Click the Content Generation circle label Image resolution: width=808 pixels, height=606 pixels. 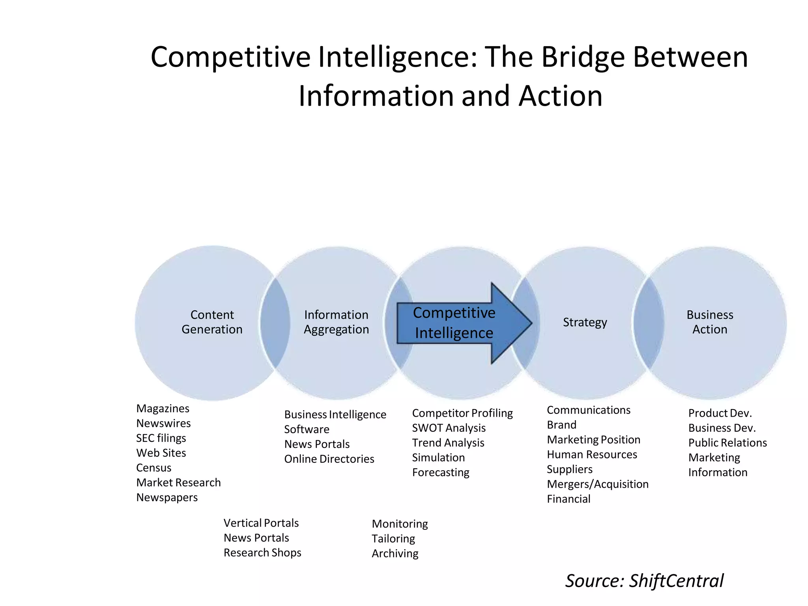pyautogui.click(x=212, y=322)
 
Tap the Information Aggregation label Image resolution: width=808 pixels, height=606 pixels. pyautogui.click(x=336, y=322)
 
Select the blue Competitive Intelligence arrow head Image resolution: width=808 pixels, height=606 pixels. pyautogui.click(x=511, y=323)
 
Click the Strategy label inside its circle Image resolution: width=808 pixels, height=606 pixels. pyautogui.click(x=585, y=322)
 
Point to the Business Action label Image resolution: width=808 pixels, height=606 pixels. pyautogui.click(x=709, y=322)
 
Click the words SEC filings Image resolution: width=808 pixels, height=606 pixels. pyautogui.click(x=161, y=438)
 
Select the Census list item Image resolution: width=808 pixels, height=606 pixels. pyautogui.click(x=153, y=468)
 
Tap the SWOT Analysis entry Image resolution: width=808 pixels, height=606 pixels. pyautogui.click(x=449, y=428)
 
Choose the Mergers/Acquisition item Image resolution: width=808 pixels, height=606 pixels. pyautogui.click(x=597, y=484)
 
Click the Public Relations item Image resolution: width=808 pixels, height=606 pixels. pyautogui.click(x=727, y=443)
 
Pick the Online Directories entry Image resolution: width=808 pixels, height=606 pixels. pyautogui.click(x=329, y=459)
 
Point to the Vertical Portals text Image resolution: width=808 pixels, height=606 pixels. pyautogui.click(x=261, y=523)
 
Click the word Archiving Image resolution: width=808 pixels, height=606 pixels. pyautogui.click(x=395, y=553)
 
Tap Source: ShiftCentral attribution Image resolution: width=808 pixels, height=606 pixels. pyautogui.click(x=644, y=581)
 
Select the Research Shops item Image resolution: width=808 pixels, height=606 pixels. pyautogui.click(x=262, y=552)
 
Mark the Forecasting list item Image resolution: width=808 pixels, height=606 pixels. pyautogui.click(x=441, y=472)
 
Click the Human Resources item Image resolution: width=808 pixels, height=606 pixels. pyautogui.click(x=592, y=454)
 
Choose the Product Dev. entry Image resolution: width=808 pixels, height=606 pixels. pyautogui.click(x=720, y=413)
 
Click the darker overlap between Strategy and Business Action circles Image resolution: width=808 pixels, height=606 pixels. pyautogui.click(x=648, y=323)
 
